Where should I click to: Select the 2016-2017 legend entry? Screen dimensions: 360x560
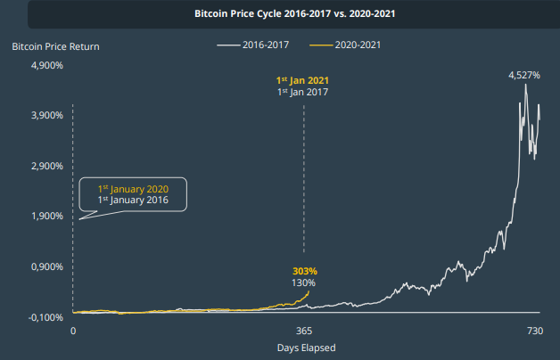point(259,45)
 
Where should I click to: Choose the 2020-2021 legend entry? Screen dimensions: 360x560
point(354,45)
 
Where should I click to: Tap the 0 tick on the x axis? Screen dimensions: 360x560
point(73,331)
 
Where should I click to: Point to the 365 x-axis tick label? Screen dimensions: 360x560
point(304,331)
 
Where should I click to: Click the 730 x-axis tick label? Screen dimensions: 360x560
point(535,331)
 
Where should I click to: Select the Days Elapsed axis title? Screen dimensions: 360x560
point(304,347)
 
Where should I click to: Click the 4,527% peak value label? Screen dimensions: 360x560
point(524,76)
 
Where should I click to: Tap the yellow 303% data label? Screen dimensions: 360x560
point(304,271)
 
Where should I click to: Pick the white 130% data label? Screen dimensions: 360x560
point(303,282)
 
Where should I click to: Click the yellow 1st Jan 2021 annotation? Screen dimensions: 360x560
point(303,79)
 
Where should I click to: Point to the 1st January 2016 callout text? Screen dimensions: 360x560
point(133,200)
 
